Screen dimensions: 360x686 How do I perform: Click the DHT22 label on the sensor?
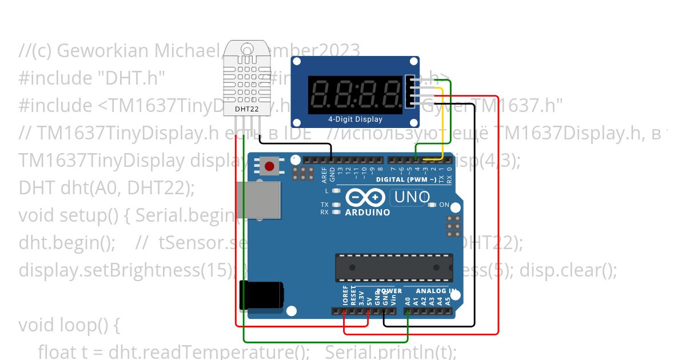(248, 108)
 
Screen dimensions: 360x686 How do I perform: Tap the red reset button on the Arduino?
(269, 166)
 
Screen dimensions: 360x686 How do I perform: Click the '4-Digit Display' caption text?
(355, 119)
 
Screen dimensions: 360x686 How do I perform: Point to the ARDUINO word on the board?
(368, 213)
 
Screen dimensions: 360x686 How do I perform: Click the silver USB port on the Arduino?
(257, 199)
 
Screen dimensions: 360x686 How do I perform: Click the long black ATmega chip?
(394, 267)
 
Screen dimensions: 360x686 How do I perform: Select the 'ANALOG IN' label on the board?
(432, 291)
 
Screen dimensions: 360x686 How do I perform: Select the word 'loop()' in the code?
(89, 325)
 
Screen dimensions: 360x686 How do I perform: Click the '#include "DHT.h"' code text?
(91, 78)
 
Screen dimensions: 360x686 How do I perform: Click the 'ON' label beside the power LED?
(444, 205)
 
